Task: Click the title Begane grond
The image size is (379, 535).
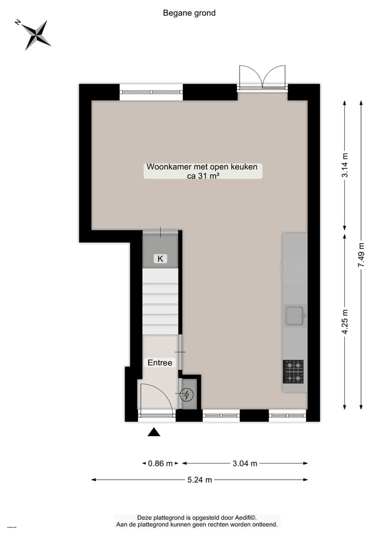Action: click(189, 13)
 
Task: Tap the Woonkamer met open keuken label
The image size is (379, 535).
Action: click(202, 171)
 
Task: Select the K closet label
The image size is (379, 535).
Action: click(160, 258)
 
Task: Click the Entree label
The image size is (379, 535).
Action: click(159, 362)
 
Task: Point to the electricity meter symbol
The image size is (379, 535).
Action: click(186, 395)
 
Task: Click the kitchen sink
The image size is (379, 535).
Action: click(295, 316)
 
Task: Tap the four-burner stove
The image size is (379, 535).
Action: click(293, 371)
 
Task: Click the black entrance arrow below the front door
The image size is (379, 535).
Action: click(154, 432)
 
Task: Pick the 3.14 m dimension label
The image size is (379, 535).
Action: click(345, 165)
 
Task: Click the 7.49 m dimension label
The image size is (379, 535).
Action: click(361, 255)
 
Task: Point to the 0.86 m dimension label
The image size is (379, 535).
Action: click(160, 463)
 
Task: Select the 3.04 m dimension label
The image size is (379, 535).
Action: click(245, 463)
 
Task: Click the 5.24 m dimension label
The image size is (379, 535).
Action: click(200, 479)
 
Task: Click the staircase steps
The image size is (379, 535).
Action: click(160, 300)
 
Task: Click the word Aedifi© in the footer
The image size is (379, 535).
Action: click(244, 518)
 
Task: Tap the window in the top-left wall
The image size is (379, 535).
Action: click(151, 92)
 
